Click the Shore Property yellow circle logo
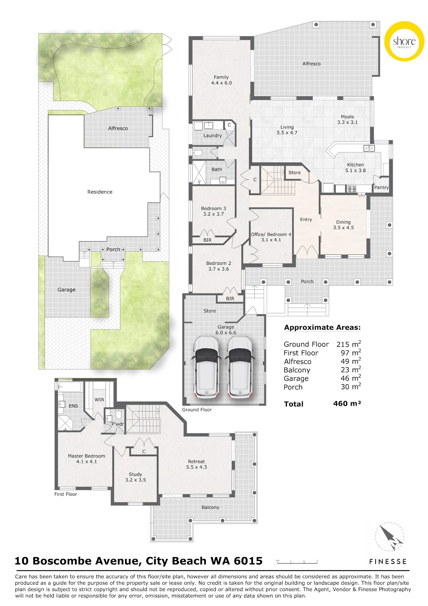(404, 41)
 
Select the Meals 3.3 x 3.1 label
(347, 120)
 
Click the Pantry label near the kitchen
(381, 187)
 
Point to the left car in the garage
(207, 367)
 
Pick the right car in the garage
(240, 367)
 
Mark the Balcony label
(210, 507)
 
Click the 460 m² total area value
(347, 404)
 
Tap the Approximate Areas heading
(322, 328)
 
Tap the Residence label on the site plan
(100, 192)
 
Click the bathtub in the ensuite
(69, 387)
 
